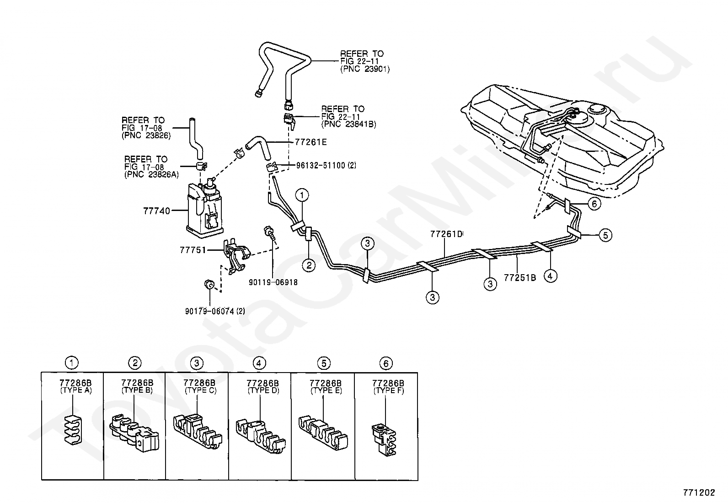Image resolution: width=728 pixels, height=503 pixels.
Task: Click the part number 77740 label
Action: (x=156, y=211)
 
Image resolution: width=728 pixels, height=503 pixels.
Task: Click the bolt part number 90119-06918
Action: (x=273, y=282)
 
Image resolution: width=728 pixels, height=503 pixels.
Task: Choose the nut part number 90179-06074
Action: (x=214, y=311)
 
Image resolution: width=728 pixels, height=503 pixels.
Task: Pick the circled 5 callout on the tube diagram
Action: (x=605, y=235)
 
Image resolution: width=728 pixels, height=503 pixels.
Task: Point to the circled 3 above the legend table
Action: (x=197, y=363)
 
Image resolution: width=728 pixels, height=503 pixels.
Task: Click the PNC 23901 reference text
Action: (x=364, y=69)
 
